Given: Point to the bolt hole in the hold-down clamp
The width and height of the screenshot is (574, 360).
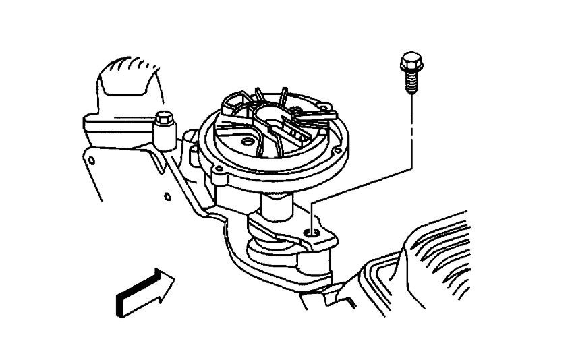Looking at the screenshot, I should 312,233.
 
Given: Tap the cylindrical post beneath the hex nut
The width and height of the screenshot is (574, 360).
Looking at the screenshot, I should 163,139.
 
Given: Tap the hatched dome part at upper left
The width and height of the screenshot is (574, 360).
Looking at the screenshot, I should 128,81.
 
